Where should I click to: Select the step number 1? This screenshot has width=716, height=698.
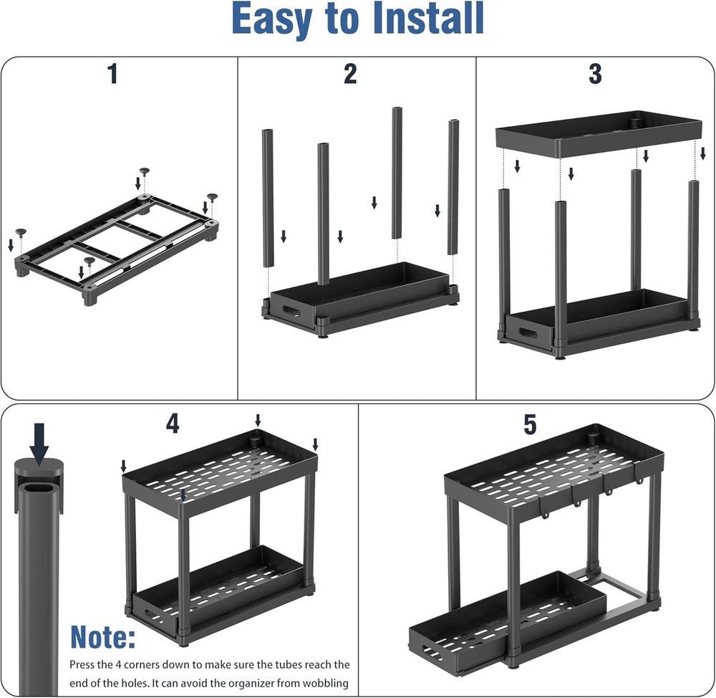(112, 74)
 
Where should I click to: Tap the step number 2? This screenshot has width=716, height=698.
(349, 74)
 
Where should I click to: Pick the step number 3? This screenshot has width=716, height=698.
(595, 74)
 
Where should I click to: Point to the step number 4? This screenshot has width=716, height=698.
(173, 424)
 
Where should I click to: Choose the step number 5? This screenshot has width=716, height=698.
(530, 425)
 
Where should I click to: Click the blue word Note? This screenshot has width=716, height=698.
(102, 636)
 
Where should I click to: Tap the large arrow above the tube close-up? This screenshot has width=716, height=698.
(39, 441)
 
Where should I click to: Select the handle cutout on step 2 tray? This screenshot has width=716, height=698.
(294, 312)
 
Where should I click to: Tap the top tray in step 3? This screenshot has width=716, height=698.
(598, 133)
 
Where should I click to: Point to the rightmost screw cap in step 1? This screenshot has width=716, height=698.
(211, 196)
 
